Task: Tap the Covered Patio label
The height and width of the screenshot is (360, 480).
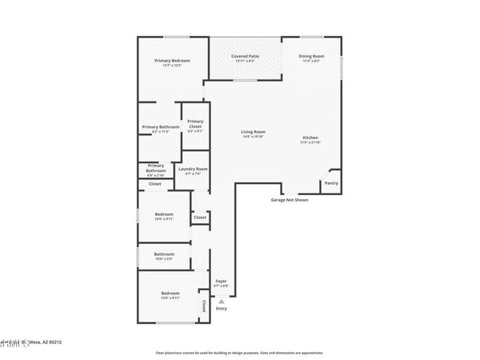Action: coord(246,57)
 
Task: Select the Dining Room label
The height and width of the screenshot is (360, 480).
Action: coord(310,57)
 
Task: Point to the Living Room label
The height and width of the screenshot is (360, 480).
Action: coord(254,133)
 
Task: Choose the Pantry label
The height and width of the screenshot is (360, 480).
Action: coord(331,184)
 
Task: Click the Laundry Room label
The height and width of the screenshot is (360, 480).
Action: coord(193,170)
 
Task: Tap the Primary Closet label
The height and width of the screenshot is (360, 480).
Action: coord(195,124)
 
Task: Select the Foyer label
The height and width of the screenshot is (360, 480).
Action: coord(221,282)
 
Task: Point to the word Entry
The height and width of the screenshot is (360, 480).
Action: coord(222,309)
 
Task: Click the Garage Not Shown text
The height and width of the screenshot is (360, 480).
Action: coord(289,200)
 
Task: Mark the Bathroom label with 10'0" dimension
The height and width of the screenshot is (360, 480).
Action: coord(164,255)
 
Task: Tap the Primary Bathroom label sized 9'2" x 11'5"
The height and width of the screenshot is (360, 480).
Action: coord(161,128)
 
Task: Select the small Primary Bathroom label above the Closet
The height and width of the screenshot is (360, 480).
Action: coord(155,168)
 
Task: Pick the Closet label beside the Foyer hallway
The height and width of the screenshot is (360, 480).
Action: coord(200,217)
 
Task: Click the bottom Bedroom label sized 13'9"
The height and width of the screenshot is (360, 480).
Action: coord(170,294)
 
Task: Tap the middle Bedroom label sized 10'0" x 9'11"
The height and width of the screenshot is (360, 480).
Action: coord(164,215)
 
